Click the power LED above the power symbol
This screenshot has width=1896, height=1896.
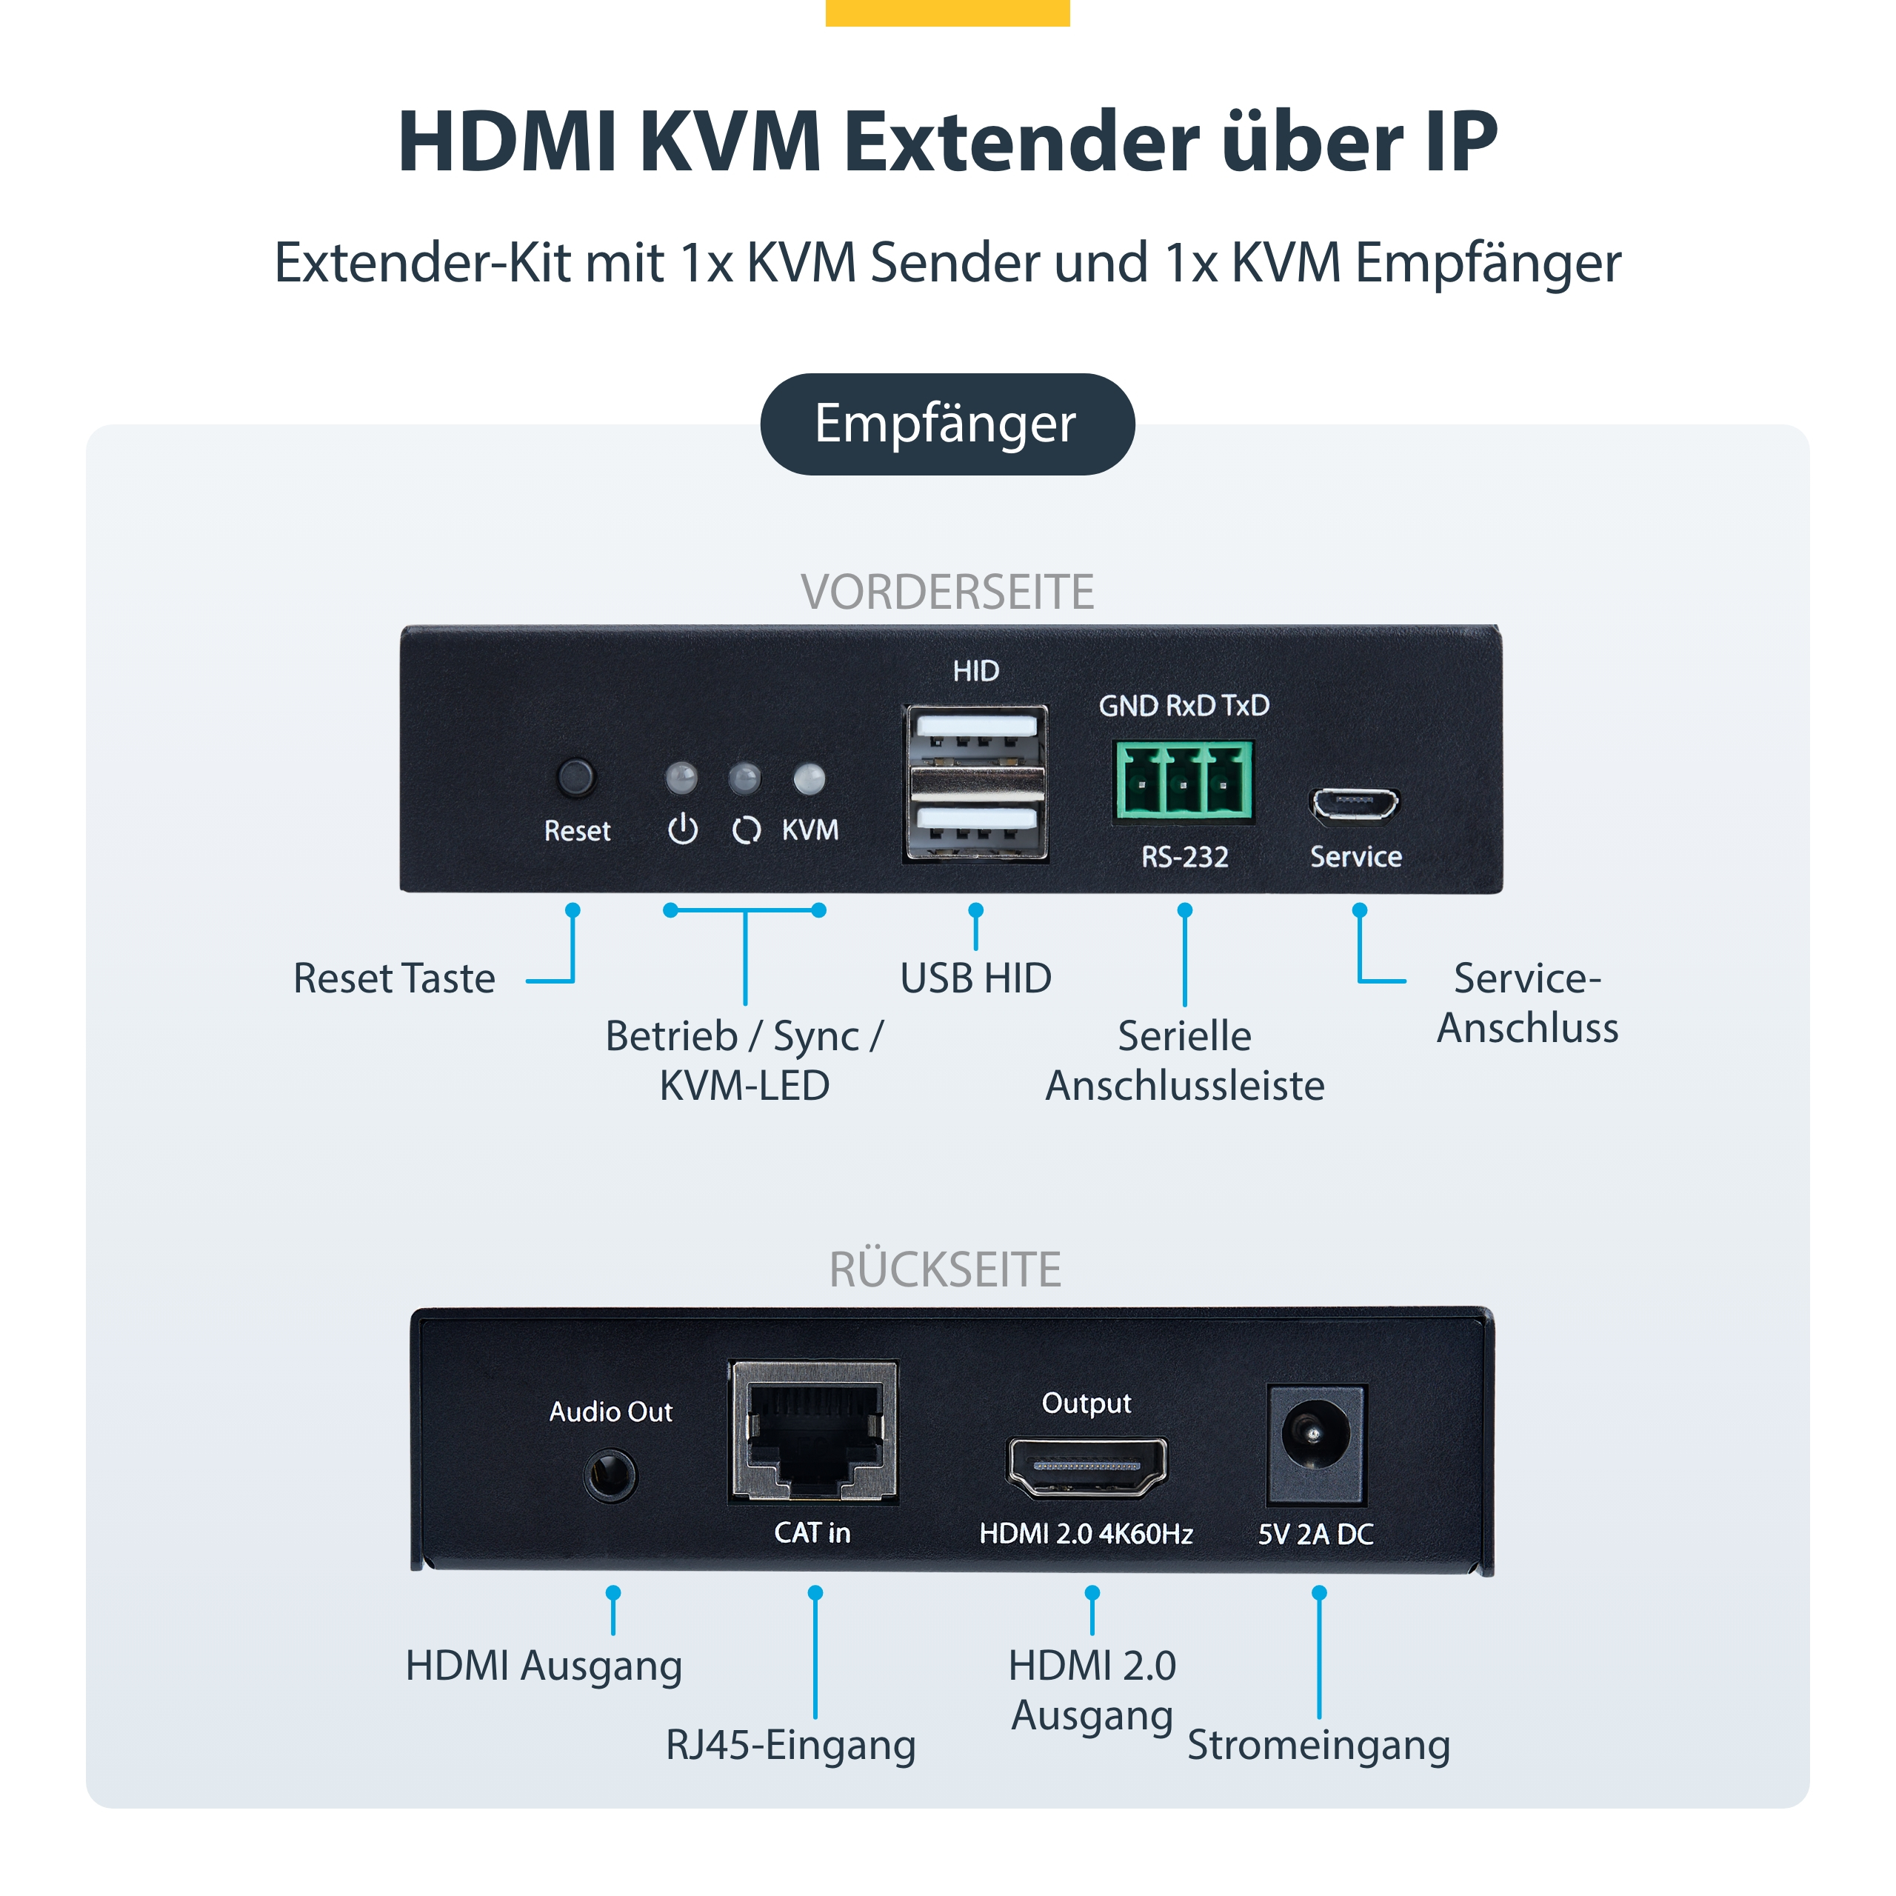[681, 779]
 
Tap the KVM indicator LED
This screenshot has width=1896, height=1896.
[809, 779]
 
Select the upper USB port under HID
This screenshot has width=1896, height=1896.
[975, 733]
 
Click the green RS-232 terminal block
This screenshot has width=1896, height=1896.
[1184, 780]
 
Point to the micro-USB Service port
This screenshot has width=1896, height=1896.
[1355, 805]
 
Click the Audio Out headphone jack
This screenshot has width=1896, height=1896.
[610, 1475]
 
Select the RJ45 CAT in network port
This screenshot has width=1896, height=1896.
[813, 1433]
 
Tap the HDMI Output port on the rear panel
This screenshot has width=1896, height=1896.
[1086, 1467]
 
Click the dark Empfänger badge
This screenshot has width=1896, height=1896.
[947, 424]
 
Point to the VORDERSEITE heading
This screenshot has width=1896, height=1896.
[947, 592]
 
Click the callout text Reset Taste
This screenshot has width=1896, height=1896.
[395, 978]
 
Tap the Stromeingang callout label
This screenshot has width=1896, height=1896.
[1318, 1744]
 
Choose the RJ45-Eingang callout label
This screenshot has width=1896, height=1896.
[790, 1744]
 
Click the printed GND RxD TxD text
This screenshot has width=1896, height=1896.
[1184, 704]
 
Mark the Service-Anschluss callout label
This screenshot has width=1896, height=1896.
[1527, 1003]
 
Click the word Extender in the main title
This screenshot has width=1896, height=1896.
[1021, 142]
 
